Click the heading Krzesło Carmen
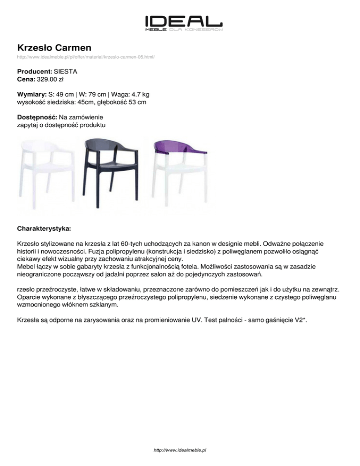point(54,48)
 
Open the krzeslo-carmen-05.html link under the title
point(86,57)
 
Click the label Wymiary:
point(32,94)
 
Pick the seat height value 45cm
point(88,102)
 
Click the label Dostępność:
point(37,117)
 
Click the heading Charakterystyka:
point(44,230)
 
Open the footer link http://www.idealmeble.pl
point(180,450)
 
